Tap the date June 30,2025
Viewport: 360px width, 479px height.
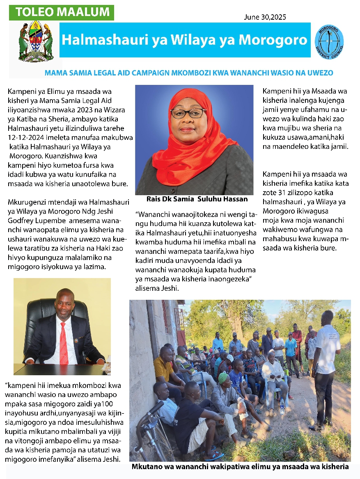click(265, 17)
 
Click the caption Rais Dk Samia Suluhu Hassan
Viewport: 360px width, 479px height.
click(197, 199)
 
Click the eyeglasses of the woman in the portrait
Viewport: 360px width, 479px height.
click(188, 112)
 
